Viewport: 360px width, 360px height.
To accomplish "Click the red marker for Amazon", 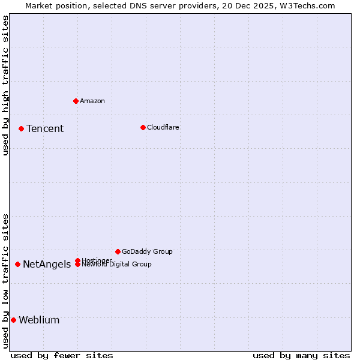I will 76,101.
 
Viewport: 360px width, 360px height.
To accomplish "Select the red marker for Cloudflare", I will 143,127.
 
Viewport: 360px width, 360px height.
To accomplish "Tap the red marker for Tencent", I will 21,128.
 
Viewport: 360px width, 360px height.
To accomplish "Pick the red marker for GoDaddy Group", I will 118,251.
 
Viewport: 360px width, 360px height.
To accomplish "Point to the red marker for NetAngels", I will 18,264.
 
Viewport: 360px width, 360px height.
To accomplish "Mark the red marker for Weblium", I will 13,320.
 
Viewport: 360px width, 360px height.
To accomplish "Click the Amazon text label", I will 92,101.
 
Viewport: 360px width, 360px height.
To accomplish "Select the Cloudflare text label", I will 163,127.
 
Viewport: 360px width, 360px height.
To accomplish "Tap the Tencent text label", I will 45,128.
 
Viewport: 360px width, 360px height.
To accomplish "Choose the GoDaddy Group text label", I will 147,251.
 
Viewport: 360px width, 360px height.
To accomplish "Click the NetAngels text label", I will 47,265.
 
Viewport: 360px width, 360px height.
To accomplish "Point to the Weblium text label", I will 39,320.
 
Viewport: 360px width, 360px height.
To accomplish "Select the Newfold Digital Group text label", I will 116,264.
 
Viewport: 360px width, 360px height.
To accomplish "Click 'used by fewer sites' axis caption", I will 62,355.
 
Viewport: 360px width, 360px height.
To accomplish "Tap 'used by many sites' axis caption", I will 301,355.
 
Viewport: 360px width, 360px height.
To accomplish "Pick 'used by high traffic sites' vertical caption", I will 5,85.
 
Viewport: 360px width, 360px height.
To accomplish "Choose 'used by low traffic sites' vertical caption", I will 5,281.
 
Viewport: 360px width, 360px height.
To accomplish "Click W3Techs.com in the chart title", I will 305,5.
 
